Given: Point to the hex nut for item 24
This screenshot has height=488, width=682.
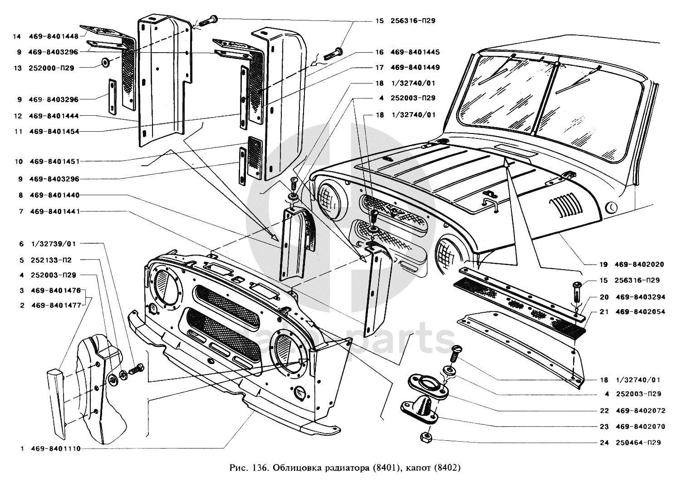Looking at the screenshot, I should [x=427, y=438].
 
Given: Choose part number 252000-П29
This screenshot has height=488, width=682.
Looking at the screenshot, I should [x=51, y=68].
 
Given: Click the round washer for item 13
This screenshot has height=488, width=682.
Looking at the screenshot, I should [x=104, y=61].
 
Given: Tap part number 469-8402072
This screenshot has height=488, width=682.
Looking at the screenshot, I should [x=640, y=411].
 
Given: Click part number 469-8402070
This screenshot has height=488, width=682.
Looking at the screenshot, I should [x=640, y=427].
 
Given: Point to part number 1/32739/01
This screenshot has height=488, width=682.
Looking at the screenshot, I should [x=54, y=244].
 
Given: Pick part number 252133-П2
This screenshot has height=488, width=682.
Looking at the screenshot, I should [x=51, y=260].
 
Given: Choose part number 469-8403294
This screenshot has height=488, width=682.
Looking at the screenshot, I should [x=640, y=297].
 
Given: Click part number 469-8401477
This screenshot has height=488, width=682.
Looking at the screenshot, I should [x=56, y=306].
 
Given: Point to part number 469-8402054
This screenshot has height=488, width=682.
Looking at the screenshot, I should [x=640, y=312].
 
